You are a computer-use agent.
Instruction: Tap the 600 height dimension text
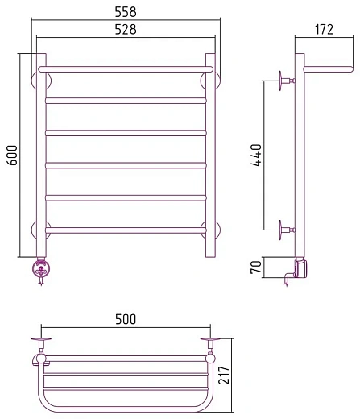(11, 156)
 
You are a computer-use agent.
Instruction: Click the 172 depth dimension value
(324, 31)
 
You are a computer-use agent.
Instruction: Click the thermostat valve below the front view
(39, 269)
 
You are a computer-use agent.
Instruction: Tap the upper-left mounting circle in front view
(40, 80)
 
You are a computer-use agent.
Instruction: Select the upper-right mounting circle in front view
(211, 80)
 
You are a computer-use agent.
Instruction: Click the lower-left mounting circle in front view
(40, 229)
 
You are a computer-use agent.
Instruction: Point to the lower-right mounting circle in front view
(211, 229)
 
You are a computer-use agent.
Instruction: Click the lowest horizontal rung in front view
(126, 230)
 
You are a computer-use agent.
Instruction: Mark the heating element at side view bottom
(300, 269)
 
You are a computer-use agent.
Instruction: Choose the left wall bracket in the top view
(42, 344)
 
